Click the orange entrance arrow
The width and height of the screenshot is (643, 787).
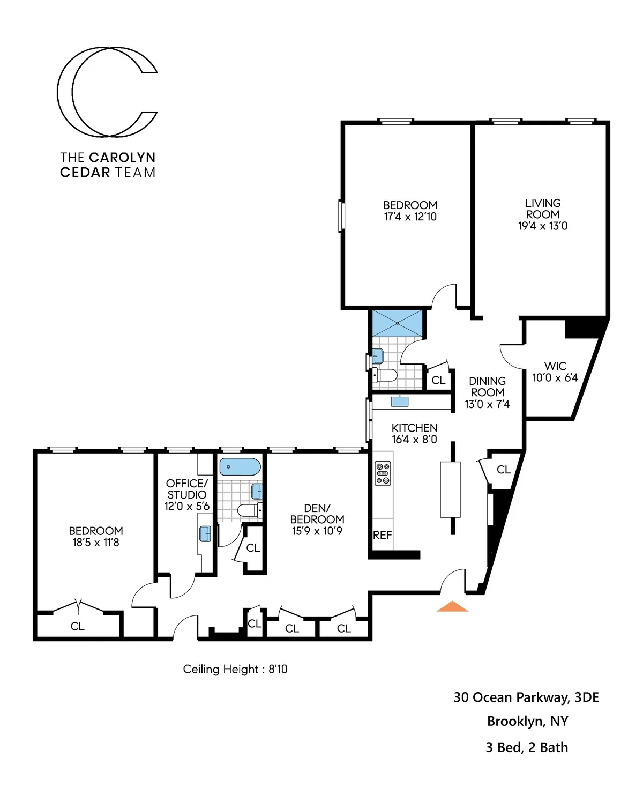click(x=452, y=606)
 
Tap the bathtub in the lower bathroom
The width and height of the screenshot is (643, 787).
click(x=240, y=467)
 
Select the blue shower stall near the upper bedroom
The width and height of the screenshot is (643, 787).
click(x=397, y=323)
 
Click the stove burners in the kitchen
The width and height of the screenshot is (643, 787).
click(x=383, y=473)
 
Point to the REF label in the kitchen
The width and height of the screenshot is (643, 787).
click(x=382, y=535)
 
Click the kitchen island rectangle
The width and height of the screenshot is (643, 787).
click(x=450, y=489)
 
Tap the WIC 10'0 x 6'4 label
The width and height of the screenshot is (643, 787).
click(x=555, y=372)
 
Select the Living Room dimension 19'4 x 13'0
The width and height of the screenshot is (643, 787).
click(x=542, y=226)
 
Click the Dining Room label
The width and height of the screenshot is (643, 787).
click(x=487, y=387)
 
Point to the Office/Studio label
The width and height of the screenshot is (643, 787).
click(x=186, y=489)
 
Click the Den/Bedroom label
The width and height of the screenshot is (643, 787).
click(x=317, y=514)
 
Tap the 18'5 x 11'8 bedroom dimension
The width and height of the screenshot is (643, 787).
click(x=96, y=543)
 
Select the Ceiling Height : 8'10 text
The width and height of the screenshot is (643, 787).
click(x=235, y=669)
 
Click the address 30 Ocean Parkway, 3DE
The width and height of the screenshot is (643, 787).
click(x=526, y=697)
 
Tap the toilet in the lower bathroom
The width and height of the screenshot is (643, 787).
click(x=248, y=510)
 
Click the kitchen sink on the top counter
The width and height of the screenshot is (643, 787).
click(x=400, y=401)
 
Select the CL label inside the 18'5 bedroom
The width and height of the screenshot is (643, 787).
click(x=78, y=626)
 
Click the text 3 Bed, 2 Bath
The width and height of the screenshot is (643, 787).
click(x=527, y=747)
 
